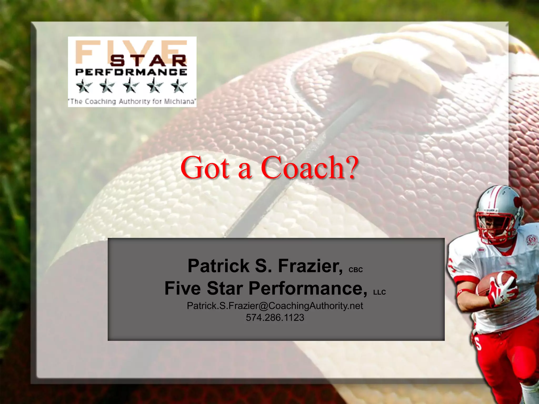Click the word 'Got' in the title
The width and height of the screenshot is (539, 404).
(x=205, y=168)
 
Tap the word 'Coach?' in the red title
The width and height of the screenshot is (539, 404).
(x=310, y=168)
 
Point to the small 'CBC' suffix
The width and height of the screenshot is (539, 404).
(x=356, y=270)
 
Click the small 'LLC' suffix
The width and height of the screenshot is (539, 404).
(x=380, y=292)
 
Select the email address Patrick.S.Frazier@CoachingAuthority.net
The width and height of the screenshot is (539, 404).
(x=275, y=306)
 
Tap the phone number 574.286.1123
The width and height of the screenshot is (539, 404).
(x=275, y=317)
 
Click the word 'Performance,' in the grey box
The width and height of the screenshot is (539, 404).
(x=308, y=288)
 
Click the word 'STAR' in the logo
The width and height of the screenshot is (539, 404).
(x=148, y=61)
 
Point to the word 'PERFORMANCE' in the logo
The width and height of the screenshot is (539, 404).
(x=131, y=72)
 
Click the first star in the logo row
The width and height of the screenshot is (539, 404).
(x=84, y=86)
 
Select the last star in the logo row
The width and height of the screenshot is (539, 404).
(x=179, y=86)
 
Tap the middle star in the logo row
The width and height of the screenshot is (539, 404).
(x=131, y=86)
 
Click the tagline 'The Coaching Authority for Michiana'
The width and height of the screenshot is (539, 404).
(x=132, y=102)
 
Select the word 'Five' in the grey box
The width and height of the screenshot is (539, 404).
(x=182, y=288)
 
